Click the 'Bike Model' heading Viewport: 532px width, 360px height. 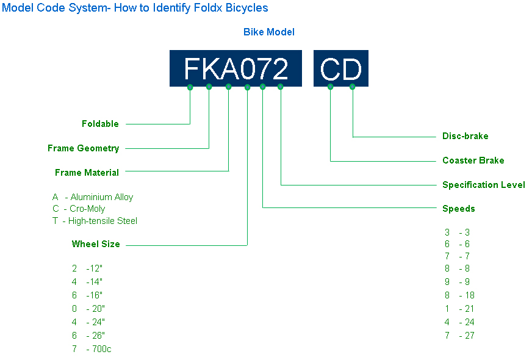[268, 32]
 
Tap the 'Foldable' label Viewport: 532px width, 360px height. [100, 124]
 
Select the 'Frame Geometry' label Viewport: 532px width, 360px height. [83, 148]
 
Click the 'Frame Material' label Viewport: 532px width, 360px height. [87, 173]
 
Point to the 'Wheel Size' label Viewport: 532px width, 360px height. [96, 244]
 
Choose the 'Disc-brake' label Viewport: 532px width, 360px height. [465, 136]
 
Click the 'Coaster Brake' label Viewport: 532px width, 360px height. [473, 160]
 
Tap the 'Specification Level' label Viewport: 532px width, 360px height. [483, 185]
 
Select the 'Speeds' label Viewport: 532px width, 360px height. [458, 209]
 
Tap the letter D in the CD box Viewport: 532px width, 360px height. [352, 69]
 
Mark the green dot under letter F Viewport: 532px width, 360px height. [190, 87]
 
